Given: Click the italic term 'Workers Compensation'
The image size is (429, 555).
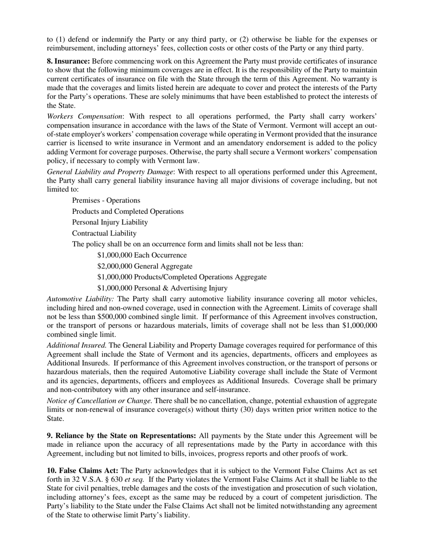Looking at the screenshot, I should [84, 116].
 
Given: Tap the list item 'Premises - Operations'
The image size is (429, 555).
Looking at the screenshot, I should [106, 200].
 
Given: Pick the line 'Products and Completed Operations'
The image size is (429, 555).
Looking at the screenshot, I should [128, 211].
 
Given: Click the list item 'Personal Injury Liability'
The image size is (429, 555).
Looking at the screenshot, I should [110, 222].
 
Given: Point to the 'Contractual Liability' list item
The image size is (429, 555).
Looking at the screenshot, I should [104, 233].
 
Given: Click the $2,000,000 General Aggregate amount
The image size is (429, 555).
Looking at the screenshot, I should [115, 266].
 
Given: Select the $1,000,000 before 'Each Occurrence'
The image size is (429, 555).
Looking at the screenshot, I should [115, 255].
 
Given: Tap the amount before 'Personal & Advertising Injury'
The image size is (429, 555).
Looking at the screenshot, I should [115, 288].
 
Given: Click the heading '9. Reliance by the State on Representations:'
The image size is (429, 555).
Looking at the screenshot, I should [121, 436].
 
